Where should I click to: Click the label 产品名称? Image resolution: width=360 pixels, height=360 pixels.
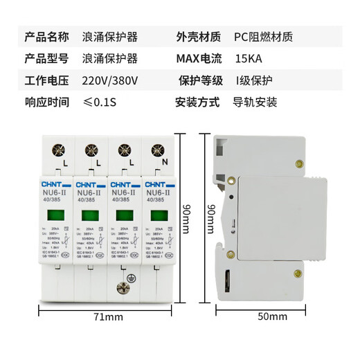[x=46, y=35]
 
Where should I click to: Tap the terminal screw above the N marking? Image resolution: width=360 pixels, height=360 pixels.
[x=159, y=148]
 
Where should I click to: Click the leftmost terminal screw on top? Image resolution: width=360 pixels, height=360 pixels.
[x=57, y=148]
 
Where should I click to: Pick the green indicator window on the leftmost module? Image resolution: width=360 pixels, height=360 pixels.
[x=57, y=215]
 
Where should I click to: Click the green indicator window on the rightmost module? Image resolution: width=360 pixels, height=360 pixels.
[x=159, y=215]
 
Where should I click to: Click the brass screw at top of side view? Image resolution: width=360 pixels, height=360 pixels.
[x=300, y=164]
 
